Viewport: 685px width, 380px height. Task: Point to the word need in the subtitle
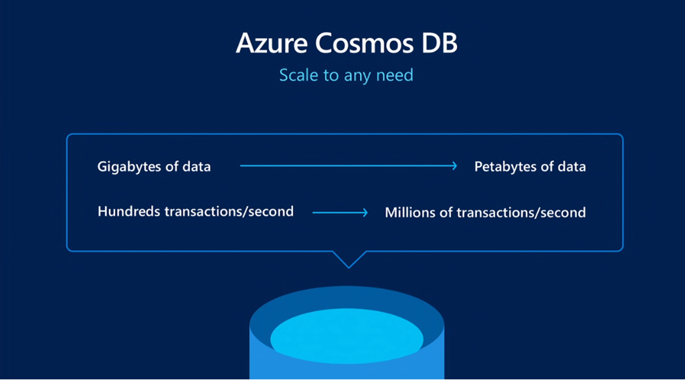[x=395, y=75]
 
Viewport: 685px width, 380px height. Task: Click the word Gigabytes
[x=130, y=167]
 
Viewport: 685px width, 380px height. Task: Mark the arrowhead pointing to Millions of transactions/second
[x=365, y=213]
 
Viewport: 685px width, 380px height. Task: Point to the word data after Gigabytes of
[x=197, y=167]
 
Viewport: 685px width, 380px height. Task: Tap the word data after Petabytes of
[x=571, y=167]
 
